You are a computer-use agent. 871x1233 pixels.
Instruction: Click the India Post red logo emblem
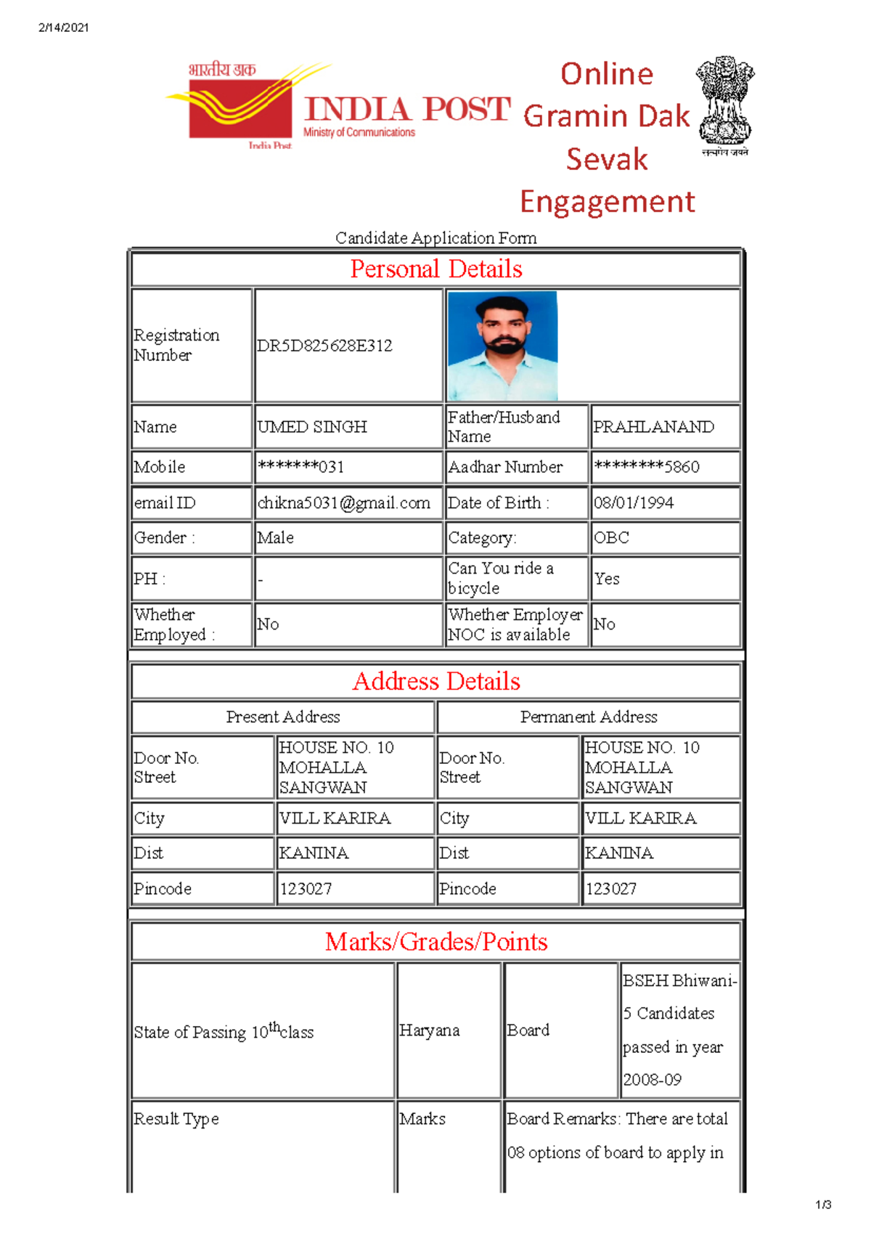(240, 105)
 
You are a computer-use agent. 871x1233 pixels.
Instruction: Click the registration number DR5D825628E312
(324, 346)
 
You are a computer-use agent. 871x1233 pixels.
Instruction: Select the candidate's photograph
(502, 346)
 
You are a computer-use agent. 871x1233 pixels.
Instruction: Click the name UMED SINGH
(312, 427)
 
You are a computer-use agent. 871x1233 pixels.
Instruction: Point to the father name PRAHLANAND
(653, 427)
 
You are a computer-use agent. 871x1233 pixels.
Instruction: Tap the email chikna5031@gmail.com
(343, 502)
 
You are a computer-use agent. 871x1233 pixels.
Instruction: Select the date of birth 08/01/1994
(634, 502)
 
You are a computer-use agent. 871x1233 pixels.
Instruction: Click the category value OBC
(611, 538)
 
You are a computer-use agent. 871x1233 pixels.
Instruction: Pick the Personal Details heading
(435, 269)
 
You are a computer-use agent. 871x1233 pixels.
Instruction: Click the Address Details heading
(435, 681)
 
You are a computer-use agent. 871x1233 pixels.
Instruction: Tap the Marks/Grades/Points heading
(435, 942)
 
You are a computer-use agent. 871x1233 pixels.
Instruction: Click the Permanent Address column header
(589, 717)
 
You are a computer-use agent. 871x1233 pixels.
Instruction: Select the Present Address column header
(283, 717)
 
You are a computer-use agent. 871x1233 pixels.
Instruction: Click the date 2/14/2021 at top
(64, 28)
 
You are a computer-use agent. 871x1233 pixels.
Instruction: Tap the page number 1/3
(823, 1205)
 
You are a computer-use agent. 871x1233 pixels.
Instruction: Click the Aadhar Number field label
(505, 467)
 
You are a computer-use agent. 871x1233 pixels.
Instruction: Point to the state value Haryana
(429, 1030)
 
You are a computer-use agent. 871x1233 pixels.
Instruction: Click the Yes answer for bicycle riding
(607, 579)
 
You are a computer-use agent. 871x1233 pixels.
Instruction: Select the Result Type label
(176, 1119)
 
